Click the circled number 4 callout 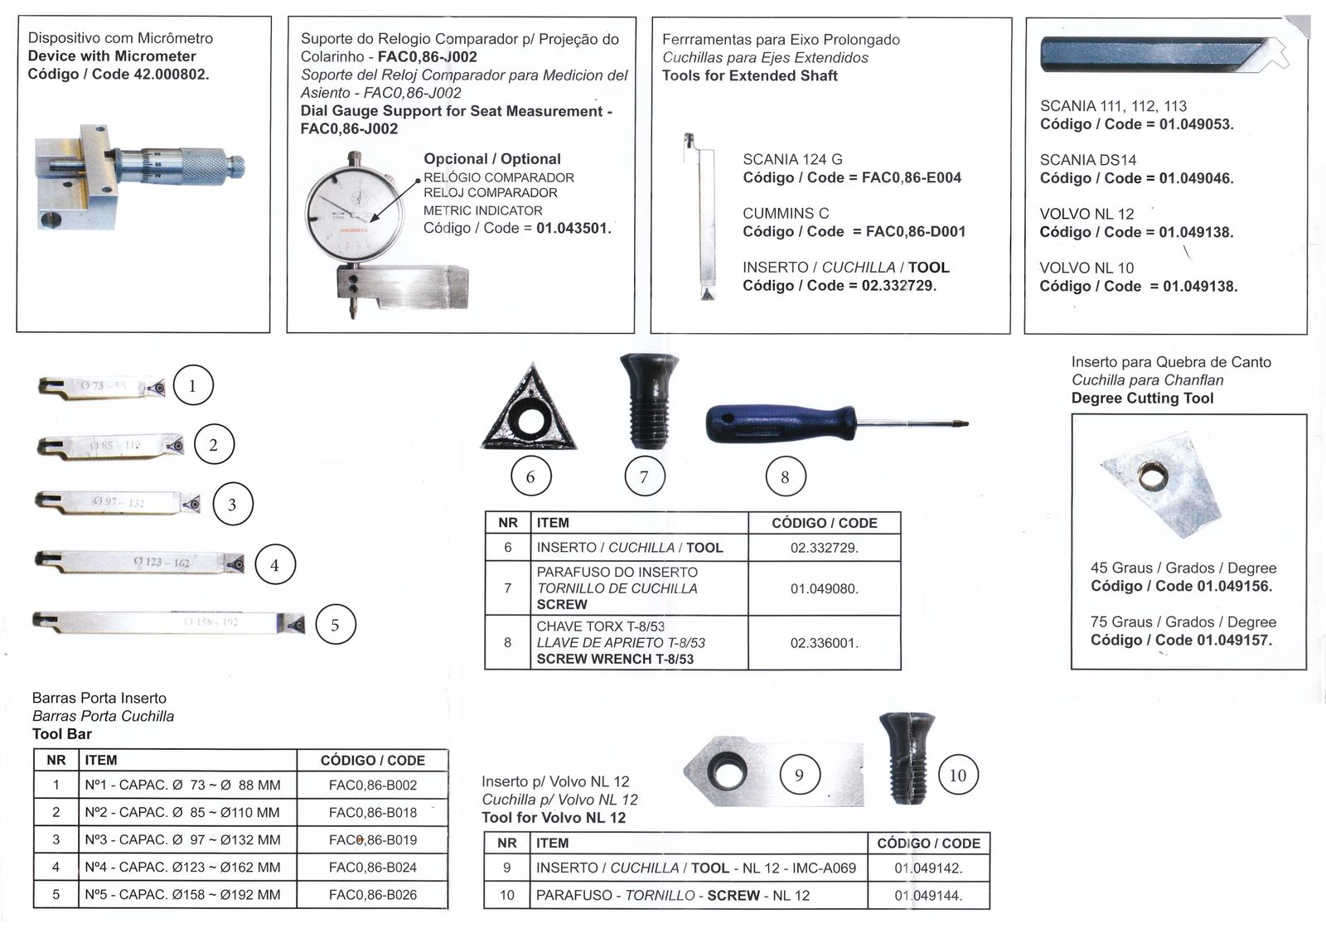tap(274, 565)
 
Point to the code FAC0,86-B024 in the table tap(372, 868)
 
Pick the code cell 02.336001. tap(824, 643)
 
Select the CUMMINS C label tap(786, 213)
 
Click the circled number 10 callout tap(957, 776)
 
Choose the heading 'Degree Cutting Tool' tap(1142, 398)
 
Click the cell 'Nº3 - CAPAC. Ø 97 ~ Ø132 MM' tap(182, 840)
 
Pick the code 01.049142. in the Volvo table tap(928, 868)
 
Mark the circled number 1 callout tap(193, 385)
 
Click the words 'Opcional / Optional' tap(492, 159)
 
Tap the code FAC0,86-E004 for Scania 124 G tap(912, 177)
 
